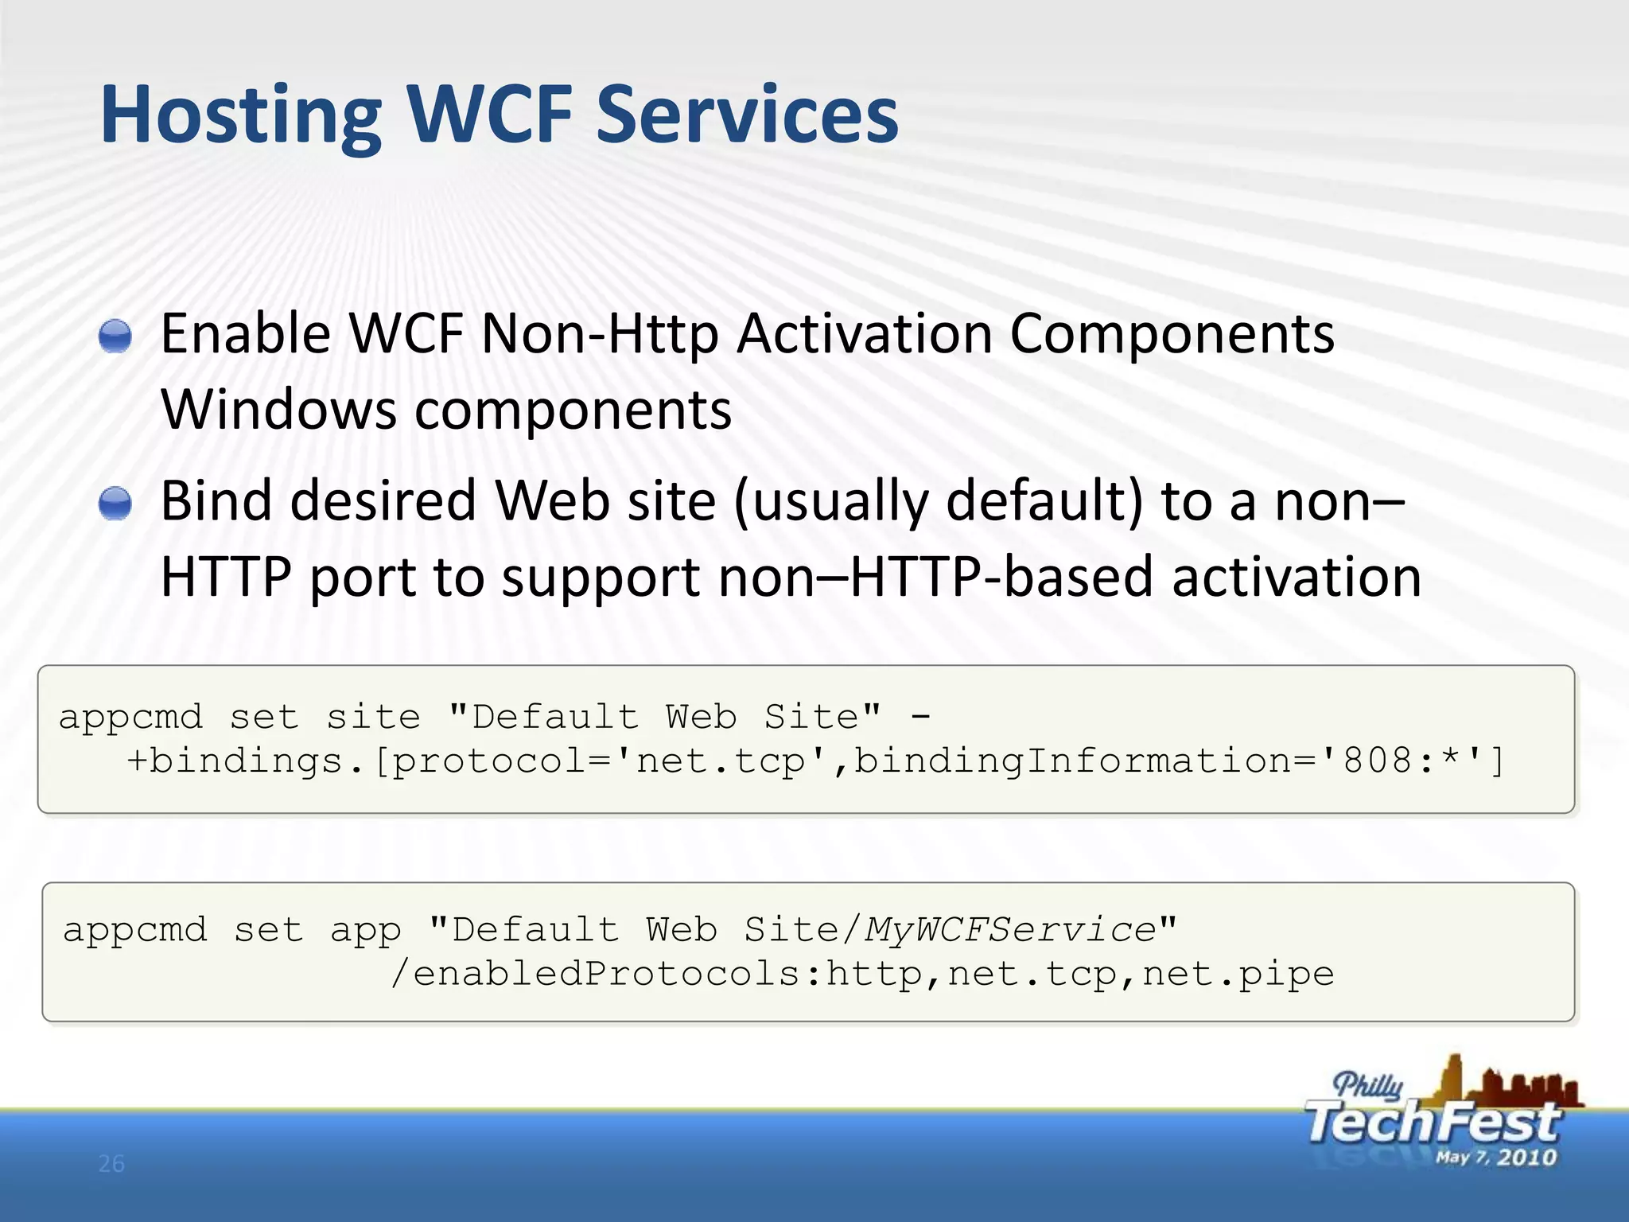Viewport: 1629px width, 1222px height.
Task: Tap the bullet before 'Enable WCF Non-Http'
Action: pos(115,336)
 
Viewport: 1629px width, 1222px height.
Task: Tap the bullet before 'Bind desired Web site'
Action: pos(115,504)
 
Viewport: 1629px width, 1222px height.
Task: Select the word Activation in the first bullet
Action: pos(864,334)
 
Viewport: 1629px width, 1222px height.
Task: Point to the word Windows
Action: pos(278,411)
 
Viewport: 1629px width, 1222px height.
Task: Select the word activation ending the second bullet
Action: pos(1297,578)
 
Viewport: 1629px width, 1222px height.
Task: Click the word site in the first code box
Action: pos(373,718)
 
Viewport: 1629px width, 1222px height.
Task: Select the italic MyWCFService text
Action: pos(1010,930)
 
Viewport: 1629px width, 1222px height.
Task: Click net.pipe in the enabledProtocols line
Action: pos(1238,974)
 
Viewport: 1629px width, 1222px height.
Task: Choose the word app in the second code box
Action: pos(365,930)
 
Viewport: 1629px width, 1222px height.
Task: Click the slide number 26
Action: pos(111,1164)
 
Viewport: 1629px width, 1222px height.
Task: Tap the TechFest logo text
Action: pos(1432,1123)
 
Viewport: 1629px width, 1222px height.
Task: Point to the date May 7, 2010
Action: pos(1495,1158)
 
